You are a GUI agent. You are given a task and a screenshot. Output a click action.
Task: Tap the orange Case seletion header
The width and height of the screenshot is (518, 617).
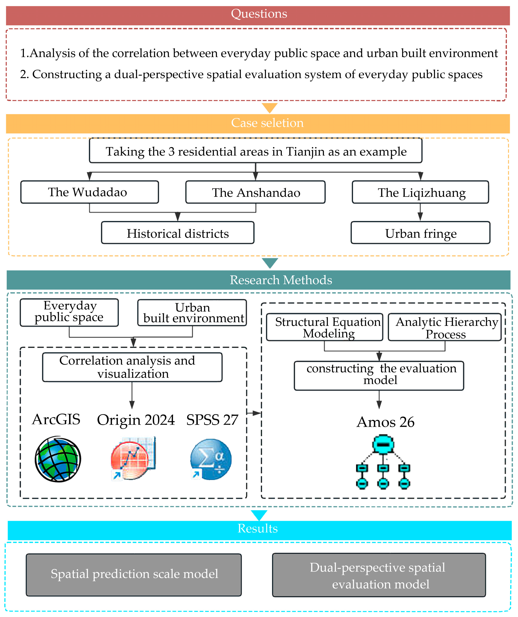coord(258,124)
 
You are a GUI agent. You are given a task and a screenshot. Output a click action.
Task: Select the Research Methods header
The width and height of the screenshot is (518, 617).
coord(258,280)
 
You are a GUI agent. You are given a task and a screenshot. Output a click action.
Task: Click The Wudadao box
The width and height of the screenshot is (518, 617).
coord(89,192)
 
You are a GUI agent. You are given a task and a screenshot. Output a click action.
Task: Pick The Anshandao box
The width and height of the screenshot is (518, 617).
coord(255,192)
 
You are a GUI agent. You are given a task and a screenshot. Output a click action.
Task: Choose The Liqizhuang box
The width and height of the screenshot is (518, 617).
coord(421,192)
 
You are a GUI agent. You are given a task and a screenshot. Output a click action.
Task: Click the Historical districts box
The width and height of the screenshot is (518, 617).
coord(178,233)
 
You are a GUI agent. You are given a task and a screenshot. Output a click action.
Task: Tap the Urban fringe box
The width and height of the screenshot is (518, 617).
coord(421,233)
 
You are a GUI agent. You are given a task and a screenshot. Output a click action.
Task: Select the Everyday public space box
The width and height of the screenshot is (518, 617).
coord(69,313)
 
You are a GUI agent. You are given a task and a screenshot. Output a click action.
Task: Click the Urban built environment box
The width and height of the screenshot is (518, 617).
coord(192,313)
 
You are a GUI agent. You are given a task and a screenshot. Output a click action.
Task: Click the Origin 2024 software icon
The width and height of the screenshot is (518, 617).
coord(133,458)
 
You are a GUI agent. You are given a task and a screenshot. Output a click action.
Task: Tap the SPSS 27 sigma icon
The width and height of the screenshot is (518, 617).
coord(211,459)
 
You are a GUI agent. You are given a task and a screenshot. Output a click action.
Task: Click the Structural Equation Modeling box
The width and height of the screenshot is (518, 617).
coord(325,327)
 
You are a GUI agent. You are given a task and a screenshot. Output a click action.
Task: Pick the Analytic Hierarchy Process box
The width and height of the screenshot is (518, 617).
coord(445,327)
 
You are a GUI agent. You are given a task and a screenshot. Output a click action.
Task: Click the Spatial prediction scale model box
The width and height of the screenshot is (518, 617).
coord(134,575)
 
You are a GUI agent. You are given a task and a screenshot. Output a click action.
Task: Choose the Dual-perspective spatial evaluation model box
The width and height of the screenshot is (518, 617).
coord(379,575)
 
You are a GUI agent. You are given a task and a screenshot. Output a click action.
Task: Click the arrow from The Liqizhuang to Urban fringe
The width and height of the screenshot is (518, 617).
coord(420,212)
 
